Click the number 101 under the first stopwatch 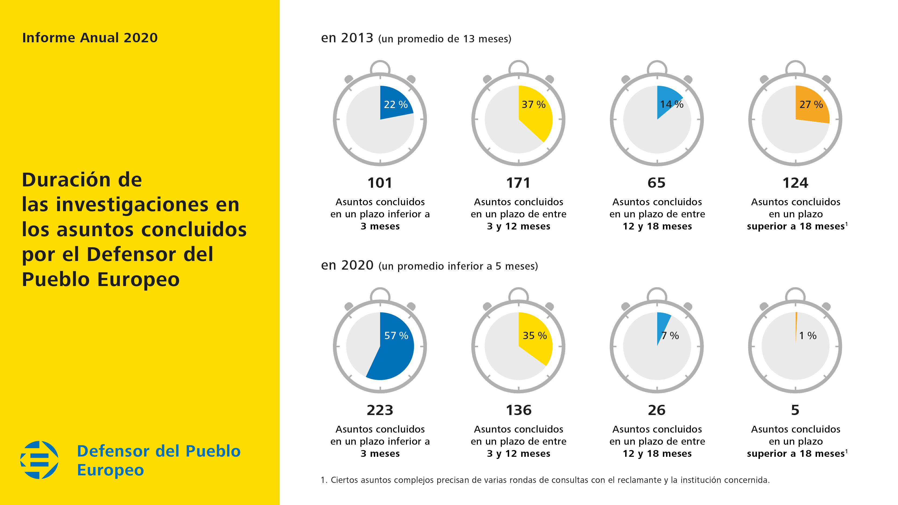380,183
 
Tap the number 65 656,183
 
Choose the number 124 795,183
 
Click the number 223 380,410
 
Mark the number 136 518,410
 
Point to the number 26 656,410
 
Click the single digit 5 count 795,410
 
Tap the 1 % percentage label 808,336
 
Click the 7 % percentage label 670,336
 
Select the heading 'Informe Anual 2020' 90,38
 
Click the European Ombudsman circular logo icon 39,460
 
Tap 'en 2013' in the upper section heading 347,38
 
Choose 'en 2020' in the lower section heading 347,265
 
